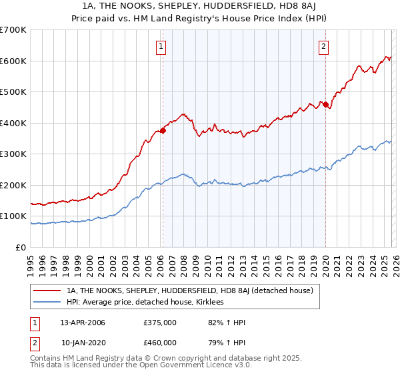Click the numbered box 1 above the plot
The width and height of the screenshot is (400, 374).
(161, 46)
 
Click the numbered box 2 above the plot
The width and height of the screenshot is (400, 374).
(323, 46)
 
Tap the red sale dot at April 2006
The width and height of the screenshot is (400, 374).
(162, 131)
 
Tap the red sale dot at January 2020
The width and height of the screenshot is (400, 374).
(325, 104)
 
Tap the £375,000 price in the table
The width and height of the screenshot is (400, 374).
(160, 323)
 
